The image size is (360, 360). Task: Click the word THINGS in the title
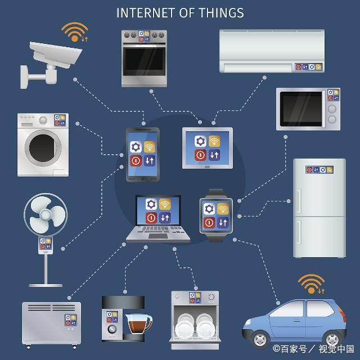pyautogui.click(x=221, y=13)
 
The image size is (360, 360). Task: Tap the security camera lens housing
pyautogui.click(x=56, y=54)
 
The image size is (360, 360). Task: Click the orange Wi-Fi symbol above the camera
pyautogui.click(x=75, y=32)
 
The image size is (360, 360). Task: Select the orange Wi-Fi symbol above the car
pyautogui.click(x=311, y=284)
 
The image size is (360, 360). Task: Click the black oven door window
pyautogui.click(x=144, y=61)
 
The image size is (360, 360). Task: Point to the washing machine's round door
pyautogui.click(x=43, y=148)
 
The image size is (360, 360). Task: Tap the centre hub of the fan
pyautogui.click(x=46, y=214)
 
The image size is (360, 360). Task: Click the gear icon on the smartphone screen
pyautogui.click(x=136, y=147)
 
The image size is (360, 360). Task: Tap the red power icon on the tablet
pyautogui.click(x=200, y=155)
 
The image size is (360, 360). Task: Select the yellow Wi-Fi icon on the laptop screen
pyautogui.click(x=165, y=204)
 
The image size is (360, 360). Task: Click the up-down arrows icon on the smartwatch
pyautogui.click(x=223, y=222)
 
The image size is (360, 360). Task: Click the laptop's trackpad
pyautogui.click(x=158, y=236)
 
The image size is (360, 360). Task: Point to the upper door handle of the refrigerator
pyautogui.click(x=299, y=201)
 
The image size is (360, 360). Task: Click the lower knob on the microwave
pyautogui.click(x=332, y=119)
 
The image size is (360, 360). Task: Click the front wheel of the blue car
pyautogui.click(x=260, y=339)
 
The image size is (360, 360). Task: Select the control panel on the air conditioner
pyautogui.click(x=309, y=67)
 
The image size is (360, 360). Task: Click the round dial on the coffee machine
pyautogui.click(x=112, y=328)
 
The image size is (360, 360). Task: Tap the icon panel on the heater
pyautogui.click(x=71, y=320)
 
